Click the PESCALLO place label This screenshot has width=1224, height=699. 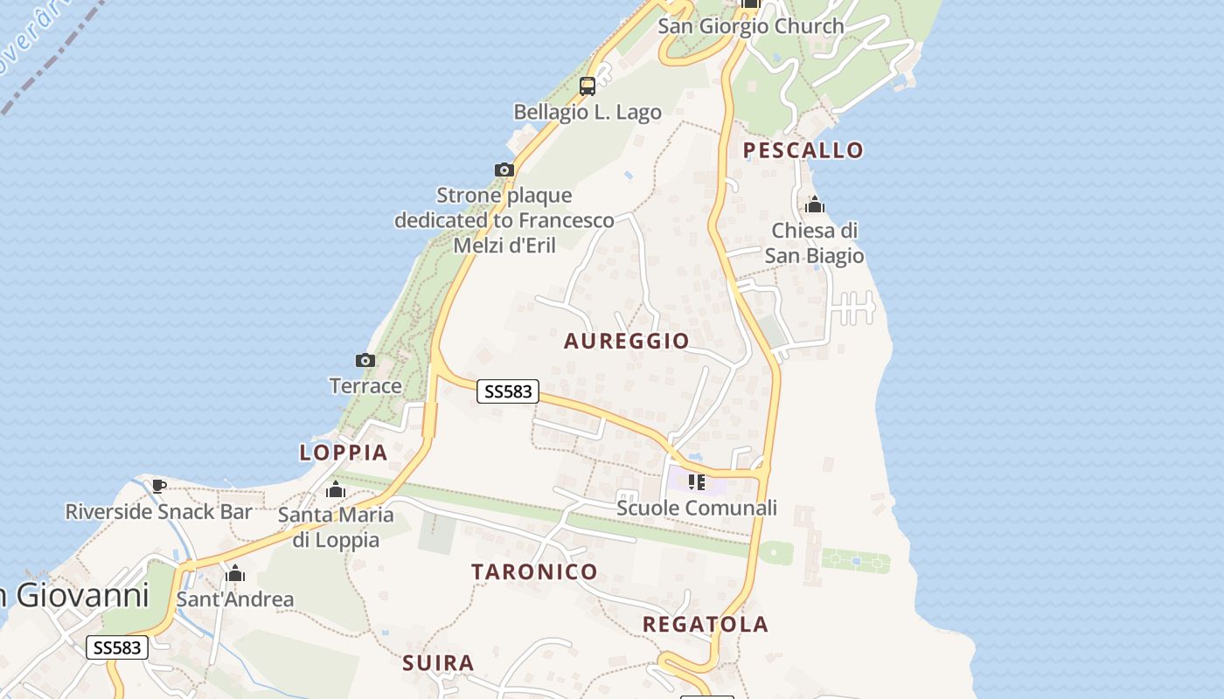[x=803, y=150]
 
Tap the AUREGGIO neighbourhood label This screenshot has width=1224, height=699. [x=626, y=341]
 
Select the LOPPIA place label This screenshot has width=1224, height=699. [x=344, y=453]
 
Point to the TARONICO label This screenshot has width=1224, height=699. [x=534, y=572]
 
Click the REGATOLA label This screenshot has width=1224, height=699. [x=706, y=624]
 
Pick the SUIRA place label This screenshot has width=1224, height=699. [x=438, y=663]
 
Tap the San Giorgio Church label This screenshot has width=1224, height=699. [x=750, y=26]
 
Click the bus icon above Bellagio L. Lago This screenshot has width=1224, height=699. [x=588, y=87]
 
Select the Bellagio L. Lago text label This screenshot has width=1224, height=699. [x=588, y=112]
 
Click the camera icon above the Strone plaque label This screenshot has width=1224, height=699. [x=504, y=170]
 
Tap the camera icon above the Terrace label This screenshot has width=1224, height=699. [x=365, y=360]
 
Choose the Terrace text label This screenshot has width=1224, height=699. [x=365, y=385]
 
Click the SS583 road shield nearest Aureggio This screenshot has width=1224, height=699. [x=508, y=391]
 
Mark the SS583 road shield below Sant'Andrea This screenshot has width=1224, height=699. [x=117, y=647]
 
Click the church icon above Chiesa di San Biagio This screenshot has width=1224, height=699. [x=815, y=205]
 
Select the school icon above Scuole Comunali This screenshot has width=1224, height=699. [x=697, y=481]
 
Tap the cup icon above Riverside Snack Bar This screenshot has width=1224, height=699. [x=158, y=486]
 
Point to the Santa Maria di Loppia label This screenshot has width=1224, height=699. [x=336, y=527]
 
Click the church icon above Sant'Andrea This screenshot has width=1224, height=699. [x=234, y=574]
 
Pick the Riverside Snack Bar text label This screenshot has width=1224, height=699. [x=158, y=511]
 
